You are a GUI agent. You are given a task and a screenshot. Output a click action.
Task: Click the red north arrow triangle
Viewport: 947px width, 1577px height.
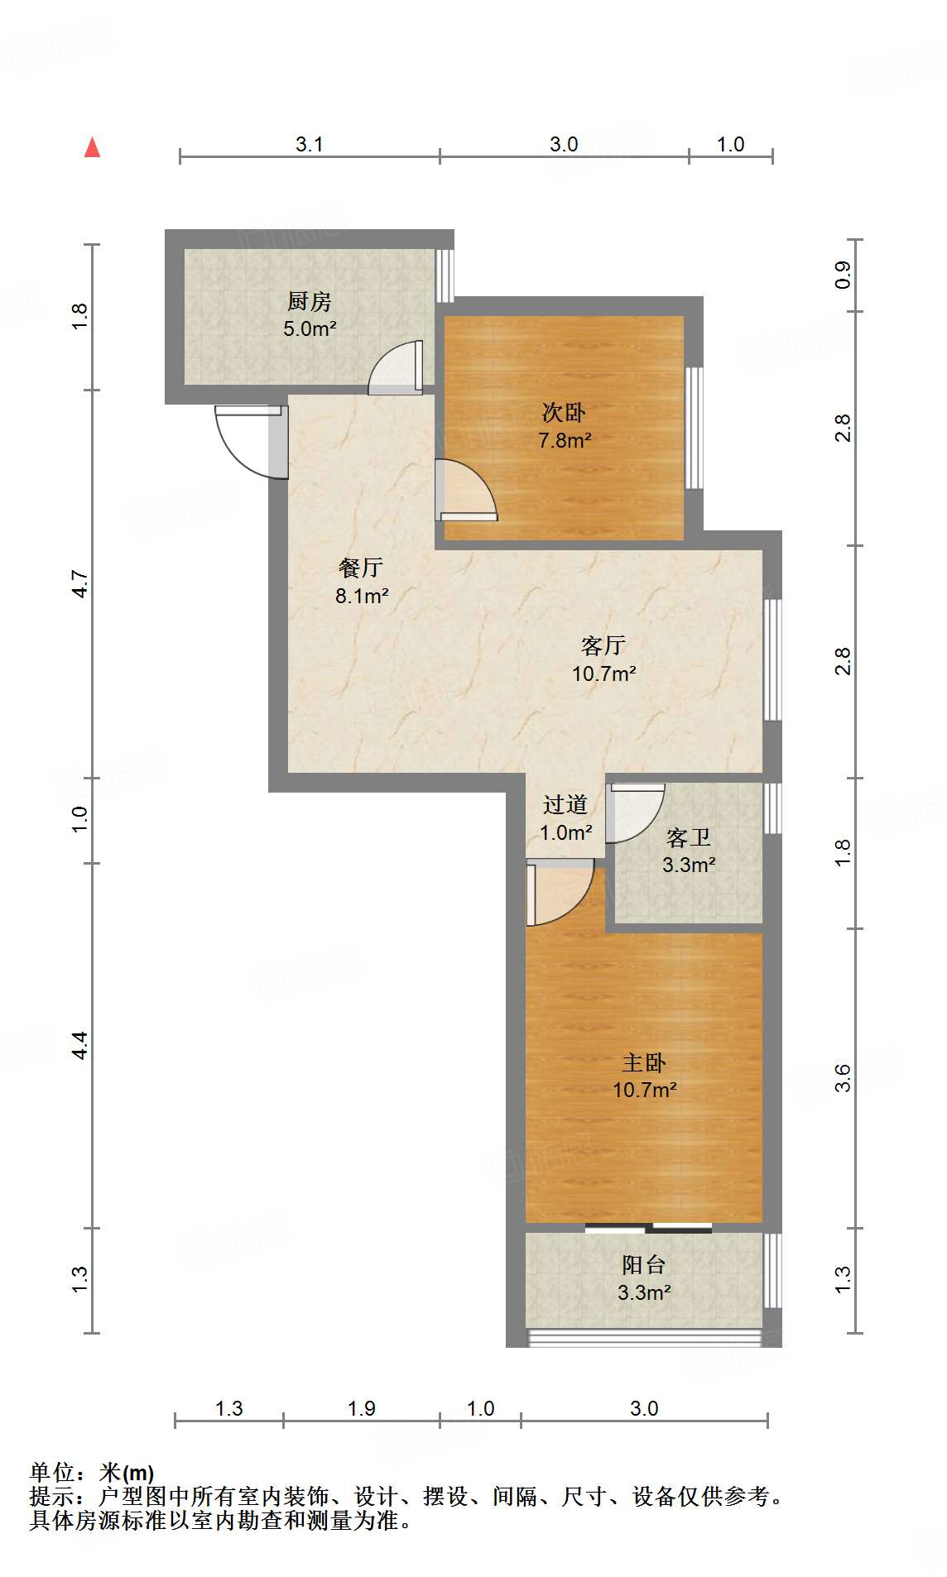(93, 148)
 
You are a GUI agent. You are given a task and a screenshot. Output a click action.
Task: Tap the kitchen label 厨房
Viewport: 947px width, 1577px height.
(310, 301)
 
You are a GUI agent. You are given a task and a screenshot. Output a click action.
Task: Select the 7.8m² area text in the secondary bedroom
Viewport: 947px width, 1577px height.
(565, 440)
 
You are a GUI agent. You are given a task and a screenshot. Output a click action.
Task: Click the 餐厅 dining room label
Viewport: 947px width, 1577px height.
(361, 568)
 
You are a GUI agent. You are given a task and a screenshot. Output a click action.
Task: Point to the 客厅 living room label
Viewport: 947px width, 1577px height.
(603, 645)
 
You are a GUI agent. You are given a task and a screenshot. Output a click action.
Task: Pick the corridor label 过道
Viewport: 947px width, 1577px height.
(565, 804)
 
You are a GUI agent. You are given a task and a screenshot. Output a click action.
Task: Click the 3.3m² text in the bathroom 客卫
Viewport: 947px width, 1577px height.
(689, 865)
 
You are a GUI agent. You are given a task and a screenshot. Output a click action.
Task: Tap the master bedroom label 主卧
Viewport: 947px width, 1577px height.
(644, 1062)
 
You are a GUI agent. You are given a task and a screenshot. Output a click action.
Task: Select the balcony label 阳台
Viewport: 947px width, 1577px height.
(644, 1264)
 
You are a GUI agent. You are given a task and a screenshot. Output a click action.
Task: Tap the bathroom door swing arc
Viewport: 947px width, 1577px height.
(635, 812)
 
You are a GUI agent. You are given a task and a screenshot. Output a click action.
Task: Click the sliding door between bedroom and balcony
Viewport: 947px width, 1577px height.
(648, 1228)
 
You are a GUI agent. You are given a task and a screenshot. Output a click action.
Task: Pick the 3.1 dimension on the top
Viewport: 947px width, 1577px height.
(309, 145)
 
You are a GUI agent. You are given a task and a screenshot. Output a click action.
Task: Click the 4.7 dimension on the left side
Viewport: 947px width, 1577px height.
(79, 584)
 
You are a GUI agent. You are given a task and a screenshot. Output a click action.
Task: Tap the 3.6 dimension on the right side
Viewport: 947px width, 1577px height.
(843, 1077)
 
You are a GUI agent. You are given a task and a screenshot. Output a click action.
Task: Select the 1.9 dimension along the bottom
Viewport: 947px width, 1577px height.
(362, 1408)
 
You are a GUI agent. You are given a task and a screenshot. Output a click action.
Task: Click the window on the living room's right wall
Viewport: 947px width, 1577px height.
(772, 659)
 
